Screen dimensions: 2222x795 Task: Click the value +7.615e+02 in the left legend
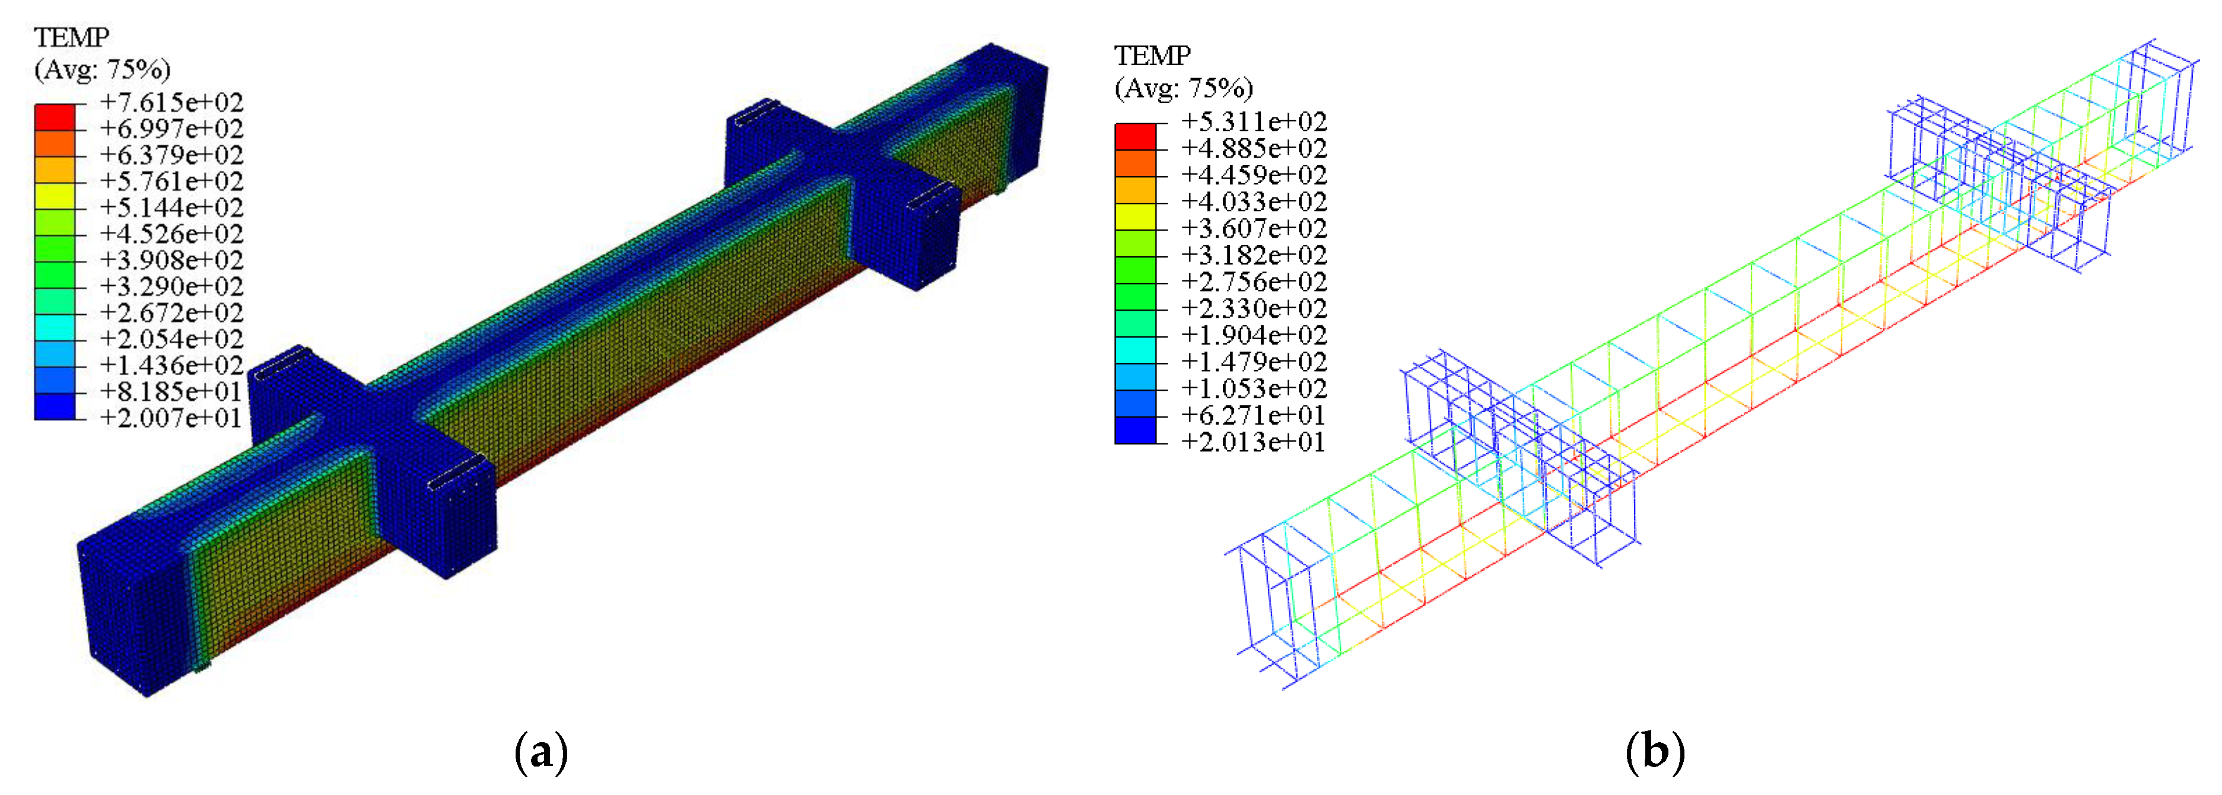[x=171, y=103]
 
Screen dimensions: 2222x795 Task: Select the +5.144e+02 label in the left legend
[x=171, y=208]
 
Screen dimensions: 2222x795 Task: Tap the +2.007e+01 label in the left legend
[x=171, y=418]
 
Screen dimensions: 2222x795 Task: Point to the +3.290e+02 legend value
[x=171, y=286]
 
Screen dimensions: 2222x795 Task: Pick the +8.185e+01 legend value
[x=171, y=391]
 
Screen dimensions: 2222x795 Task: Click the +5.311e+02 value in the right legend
[x=1253, y=122]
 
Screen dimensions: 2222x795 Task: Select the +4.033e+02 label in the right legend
[x=1253, y=202]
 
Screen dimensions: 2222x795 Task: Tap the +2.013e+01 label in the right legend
[x=1253, y=442]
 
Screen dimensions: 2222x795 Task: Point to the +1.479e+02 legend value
[x=1253, y=362]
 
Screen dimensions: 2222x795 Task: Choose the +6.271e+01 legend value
[x=1253, y=416]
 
